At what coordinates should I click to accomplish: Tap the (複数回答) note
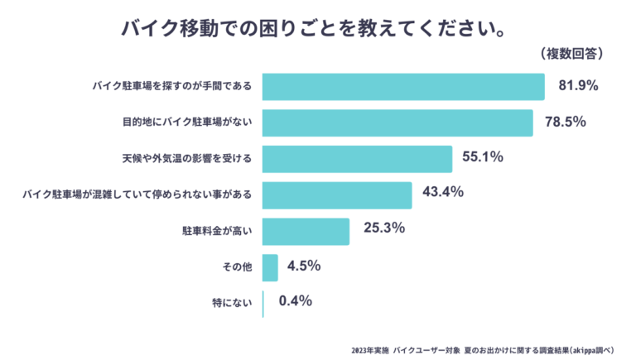572,54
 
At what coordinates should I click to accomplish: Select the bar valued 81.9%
403,86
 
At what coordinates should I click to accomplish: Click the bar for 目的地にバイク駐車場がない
397,122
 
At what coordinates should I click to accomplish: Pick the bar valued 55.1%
357,159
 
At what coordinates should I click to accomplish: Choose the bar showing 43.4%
337,195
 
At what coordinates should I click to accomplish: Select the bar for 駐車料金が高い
306,232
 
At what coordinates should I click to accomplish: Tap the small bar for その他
270,267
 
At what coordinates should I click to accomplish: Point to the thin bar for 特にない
263,304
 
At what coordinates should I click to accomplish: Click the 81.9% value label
578,85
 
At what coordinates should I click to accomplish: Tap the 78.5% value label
566,122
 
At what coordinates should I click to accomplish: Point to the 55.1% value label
484,157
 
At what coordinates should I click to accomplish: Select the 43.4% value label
443,192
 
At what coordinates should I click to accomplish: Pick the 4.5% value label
304,266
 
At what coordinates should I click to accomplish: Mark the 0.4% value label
296,301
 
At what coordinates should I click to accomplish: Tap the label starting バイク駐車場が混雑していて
137,195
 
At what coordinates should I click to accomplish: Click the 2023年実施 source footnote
488,348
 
